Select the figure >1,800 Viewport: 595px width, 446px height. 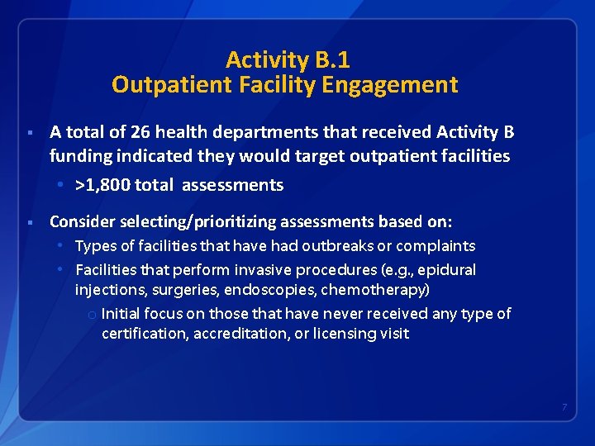(104, 185)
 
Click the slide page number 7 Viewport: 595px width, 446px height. (564, 407)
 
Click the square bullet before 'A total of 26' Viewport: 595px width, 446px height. (29, 133)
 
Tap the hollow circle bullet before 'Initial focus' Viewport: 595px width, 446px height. (91, 315)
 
